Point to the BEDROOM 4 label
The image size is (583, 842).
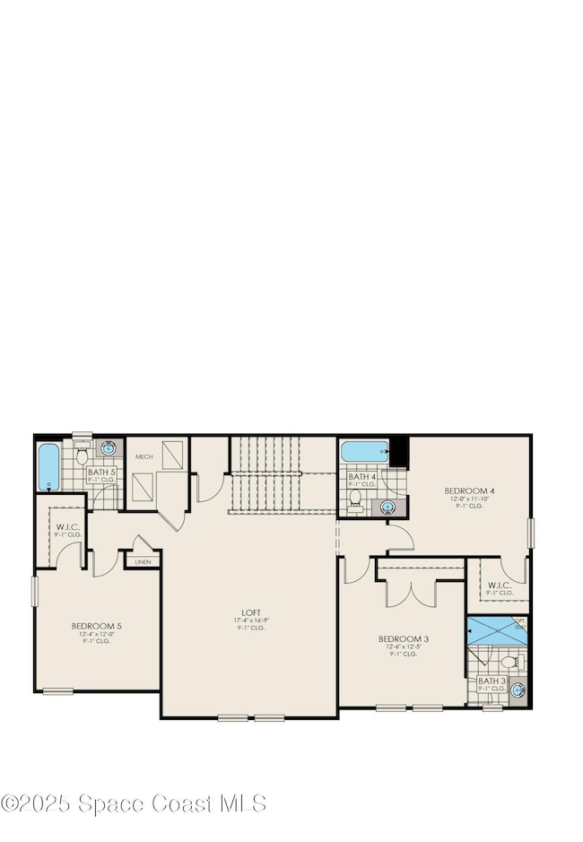click(x=469, y=490)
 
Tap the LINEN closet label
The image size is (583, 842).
click(x=144, y=562)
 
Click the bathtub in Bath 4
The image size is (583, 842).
click(x=363, y=451)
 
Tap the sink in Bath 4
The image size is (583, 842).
click(x=388, y=508)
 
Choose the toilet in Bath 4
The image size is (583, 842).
click(x=356, y=498)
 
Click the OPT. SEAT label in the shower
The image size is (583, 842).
click(x=519, y=623)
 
